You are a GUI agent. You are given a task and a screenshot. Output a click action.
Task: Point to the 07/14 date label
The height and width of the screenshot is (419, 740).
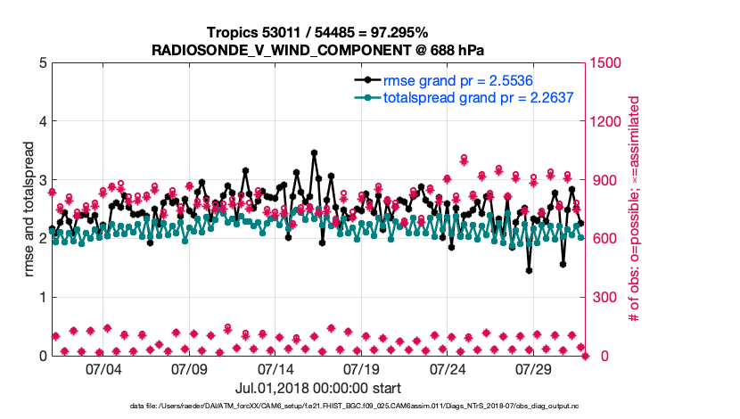tap(275, 368)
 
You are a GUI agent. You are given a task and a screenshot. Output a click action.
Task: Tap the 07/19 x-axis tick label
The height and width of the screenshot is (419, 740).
tap(362, 368)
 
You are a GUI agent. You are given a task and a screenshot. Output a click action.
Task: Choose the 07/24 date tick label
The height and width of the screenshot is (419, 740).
tap(448, 368)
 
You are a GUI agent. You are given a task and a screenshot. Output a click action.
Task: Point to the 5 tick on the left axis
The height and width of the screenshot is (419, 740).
tap(43, 63)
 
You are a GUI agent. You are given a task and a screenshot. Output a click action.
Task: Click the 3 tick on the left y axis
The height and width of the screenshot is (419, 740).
tap(43, 180)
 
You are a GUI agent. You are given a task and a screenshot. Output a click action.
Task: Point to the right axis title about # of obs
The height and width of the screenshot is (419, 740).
tap(635, 209)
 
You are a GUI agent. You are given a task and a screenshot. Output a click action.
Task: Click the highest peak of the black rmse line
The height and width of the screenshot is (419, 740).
tap(314, 152)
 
